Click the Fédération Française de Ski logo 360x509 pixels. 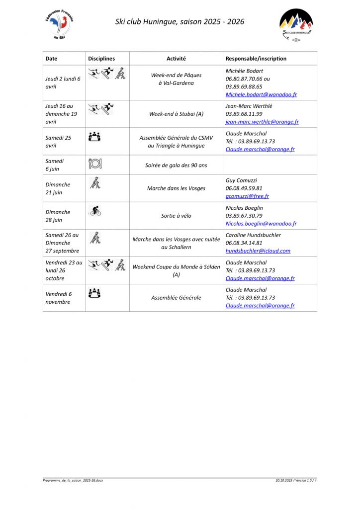point(59,23)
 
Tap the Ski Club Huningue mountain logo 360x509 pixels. point(296,23)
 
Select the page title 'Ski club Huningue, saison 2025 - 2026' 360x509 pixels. point(180,21)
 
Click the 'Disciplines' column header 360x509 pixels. point(101,59)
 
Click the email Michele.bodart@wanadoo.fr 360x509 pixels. point(261,94)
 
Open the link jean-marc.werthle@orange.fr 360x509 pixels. point(262,122)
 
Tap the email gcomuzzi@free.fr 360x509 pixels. point(247,196)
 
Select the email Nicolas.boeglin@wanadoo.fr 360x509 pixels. point(261,224)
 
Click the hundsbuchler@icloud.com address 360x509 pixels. point(258,251)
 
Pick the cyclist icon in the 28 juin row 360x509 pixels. point(95,211)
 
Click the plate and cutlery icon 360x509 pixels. point(94,164)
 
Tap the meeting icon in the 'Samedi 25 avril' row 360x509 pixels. point(94,136)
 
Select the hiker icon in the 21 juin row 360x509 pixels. point(95,183)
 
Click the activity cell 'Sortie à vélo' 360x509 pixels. point(176,216)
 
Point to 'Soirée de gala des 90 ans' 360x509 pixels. point(176,165)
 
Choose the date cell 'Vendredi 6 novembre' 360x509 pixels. point(58,298)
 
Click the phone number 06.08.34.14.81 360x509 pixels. point(244,243)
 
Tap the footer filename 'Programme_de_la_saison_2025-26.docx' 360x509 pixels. point(73,480)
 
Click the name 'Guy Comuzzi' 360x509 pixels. point(241,180)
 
